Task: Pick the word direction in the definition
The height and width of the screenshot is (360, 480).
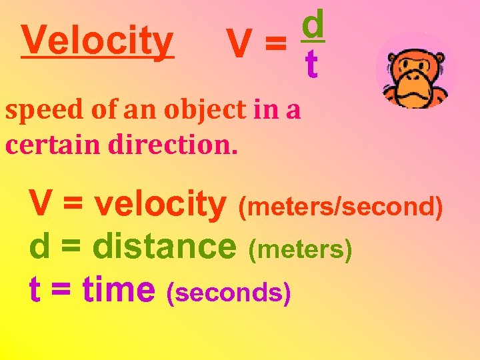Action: pos(174,143)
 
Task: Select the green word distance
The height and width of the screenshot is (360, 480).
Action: pos(165,247)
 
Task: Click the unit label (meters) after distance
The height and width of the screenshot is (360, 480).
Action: pos(300,250)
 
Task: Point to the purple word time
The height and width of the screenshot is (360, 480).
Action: pos(118,289)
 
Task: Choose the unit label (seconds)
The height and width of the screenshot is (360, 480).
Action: pos(229,292)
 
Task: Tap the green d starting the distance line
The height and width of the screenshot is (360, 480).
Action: pos(39,247)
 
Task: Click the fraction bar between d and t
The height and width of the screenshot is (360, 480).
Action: pos(311,43)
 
